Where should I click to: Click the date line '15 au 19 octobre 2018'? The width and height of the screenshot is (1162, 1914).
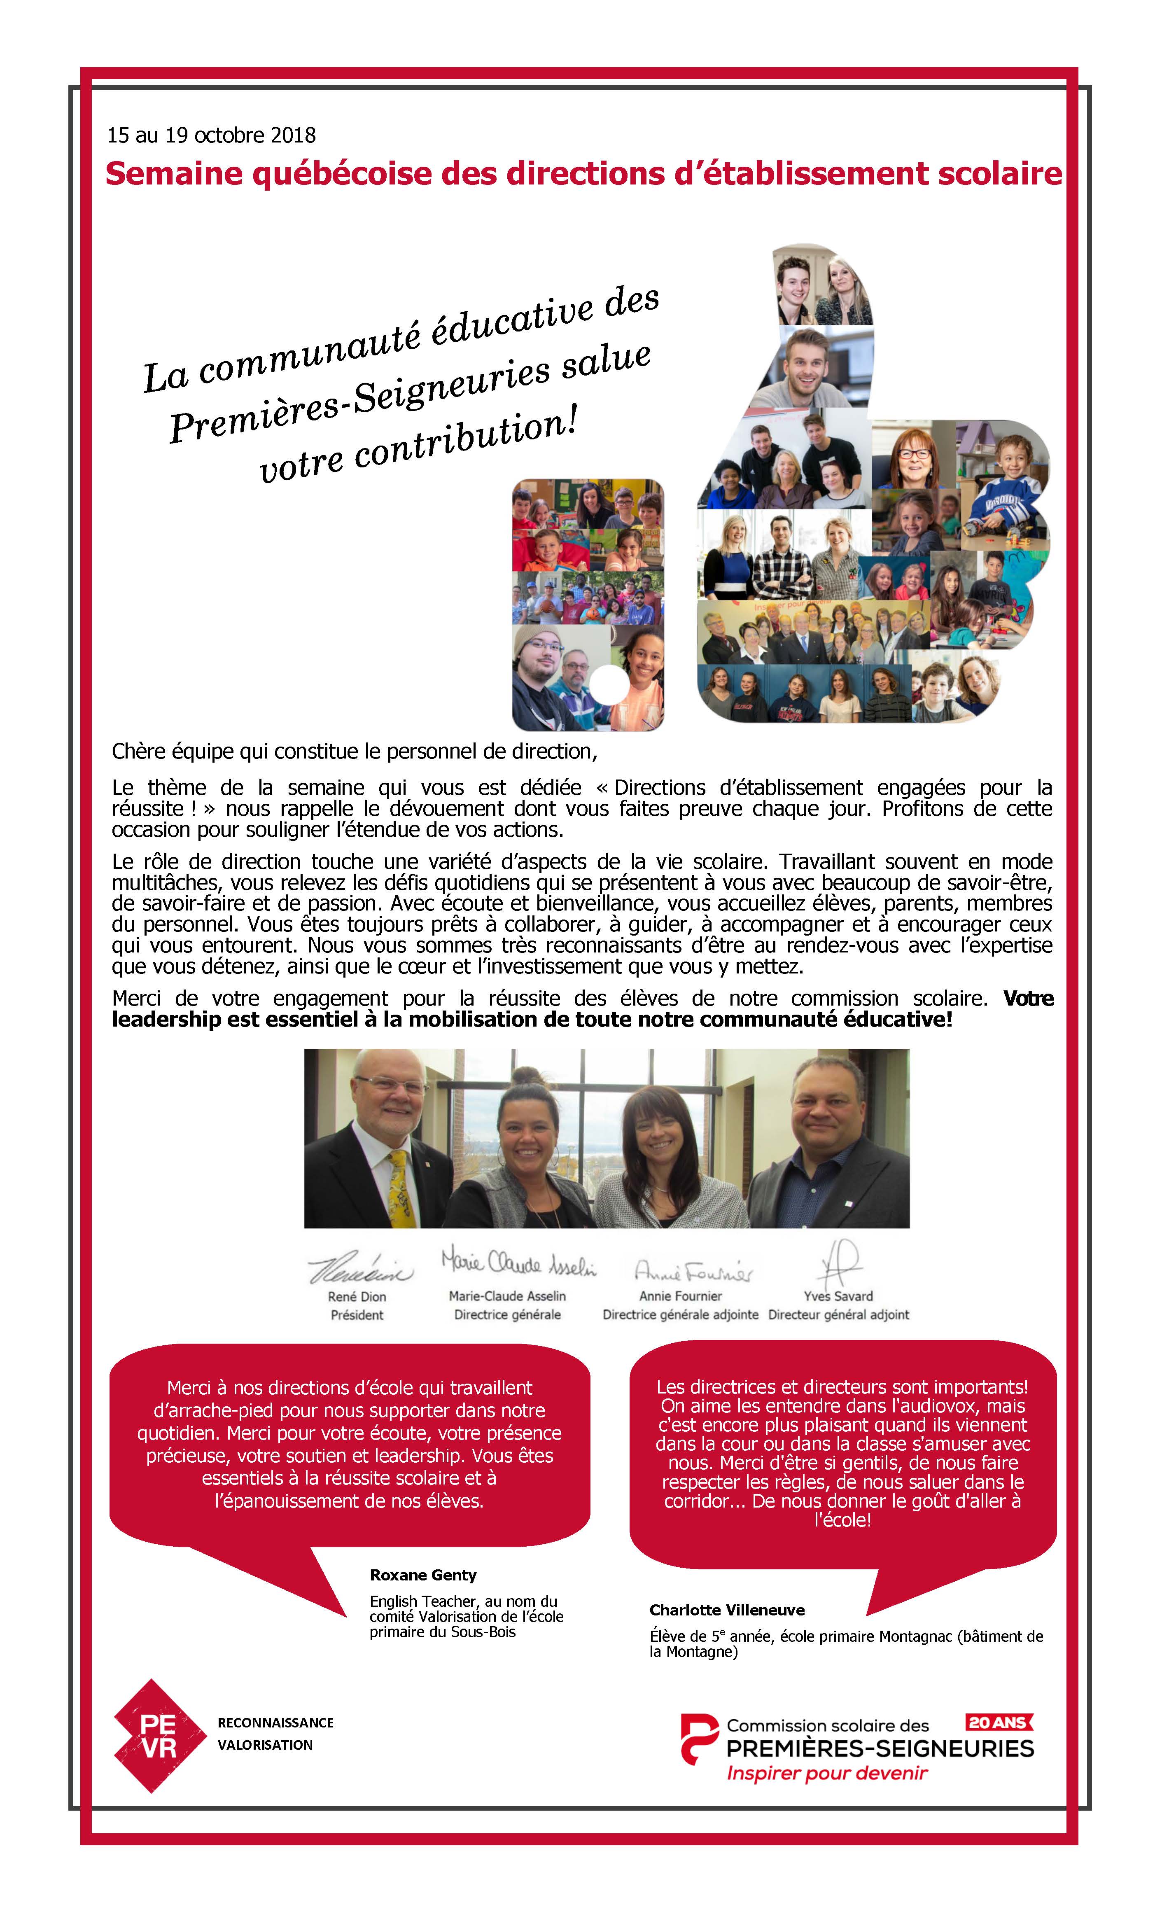(211, 135)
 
